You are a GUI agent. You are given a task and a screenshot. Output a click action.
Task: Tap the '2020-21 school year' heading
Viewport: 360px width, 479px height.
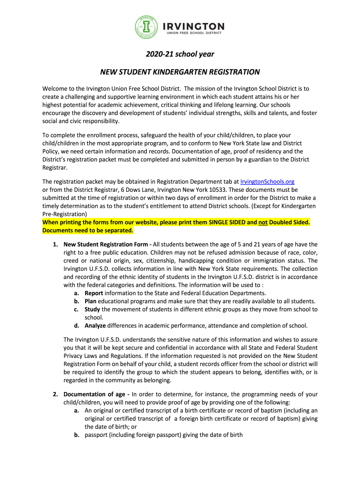[180, 54]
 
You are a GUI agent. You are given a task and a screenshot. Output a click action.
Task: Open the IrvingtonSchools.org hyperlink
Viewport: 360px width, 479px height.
[267, 181]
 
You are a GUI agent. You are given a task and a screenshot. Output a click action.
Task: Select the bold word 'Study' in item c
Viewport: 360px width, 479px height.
[92, 309]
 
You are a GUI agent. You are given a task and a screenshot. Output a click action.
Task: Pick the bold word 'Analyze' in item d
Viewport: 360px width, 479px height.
[95, 326]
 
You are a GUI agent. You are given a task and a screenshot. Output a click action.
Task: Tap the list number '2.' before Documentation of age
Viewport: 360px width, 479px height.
[55, 394]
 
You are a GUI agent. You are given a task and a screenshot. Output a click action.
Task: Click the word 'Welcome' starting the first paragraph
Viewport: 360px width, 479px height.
[56, 88]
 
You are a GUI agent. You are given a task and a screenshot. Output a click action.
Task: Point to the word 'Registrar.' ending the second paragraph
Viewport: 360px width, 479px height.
[55, 167]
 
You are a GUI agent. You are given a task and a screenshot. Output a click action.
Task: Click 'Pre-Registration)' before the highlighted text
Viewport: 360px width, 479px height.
[65, 214]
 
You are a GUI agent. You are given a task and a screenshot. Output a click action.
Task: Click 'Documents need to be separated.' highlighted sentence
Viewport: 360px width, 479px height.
[88, 230]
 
